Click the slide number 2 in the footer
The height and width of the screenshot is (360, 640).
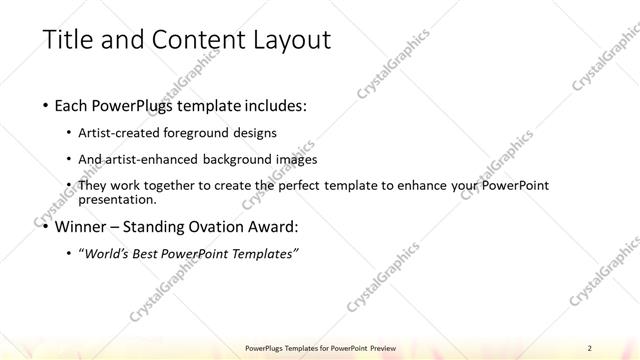coord(590,347)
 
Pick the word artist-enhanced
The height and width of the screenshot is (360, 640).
coord(155,159)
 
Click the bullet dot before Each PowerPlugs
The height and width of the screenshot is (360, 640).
coord(47,105)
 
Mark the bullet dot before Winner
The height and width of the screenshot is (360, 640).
coord(47,227)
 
